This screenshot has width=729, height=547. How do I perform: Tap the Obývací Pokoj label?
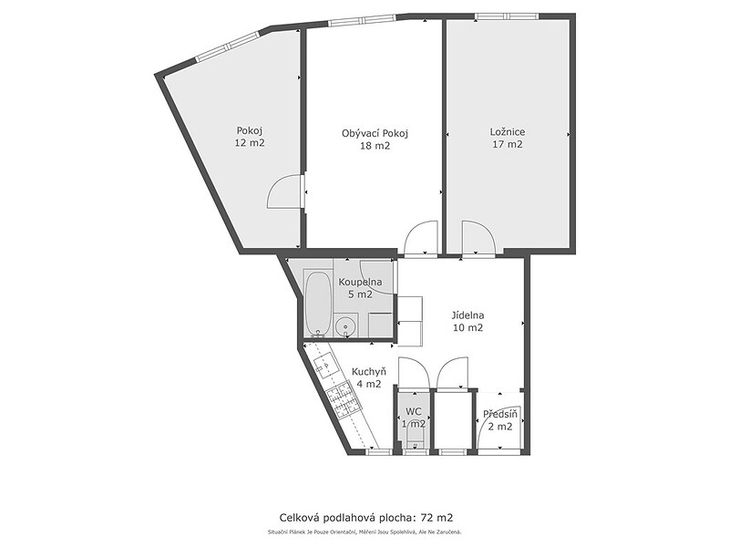375,133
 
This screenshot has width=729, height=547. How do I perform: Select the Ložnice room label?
508,132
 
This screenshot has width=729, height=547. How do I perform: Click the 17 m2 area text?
508,144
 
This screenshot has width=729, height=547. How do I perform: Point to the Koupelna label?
360,282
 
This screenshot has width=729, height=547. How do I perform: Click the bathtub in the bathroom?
318,303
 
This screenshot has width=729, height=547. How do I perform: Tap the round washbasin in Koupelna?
345,326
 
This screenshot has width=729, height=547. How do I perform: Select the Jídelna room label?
467,315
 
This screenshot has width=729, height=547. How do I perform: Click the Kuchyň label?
369,372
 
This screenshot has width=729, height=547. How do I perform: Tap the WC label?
414,411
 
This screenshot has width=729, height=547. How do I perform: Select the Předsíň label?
500,414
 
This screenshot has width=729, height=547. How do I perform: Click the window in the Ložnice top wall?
507,16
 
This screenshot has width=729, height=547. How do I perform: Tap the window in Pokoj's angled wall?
227,46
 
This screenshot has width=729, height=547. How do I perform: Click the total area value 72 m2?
436,517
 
